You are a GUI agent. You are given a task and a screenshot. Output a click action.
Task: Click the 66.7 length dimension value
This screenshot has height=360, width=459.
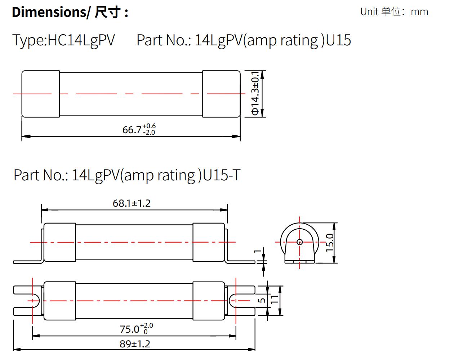[132, 129]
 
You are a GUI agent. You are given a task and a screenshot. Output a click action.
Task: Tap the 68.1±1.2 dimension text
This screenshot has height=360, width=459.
[132, 203]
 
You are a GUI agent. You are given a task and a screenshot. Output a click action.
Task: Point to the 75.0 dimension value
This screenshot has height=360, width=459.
[129, 329]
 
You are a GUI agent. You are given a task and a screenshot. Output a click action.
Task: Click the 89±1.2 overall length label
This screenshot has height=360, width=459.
[135, 344]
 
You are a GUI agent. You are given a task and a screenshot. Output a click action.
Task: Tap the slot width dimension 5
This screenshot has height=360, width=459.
[263, 300]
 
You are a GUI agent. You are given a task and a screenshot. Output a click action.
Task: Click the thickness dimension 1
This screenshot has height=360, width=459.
[257, 252]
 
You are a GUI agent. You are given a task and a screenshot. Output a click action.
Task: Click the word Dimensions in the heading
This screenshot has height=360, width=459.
[49, 12]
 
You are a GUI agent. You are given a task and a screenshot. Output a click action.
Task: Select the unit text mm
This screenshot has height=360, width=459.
[419, 12]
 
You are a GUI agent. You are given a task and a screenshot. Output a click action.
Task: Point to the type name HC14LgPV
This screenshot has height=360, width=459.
[81, 40]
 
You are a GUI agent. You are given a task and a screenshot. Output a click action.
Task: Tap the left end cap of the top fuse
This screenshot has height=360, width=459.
[41, 94]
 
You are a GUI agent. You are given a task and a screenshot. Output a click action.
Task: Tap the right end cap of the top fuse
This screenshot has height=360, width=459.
[221, 94]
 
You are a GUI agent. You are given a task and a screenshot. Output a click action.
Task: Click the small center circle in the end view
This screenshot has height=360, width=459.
[300, 242]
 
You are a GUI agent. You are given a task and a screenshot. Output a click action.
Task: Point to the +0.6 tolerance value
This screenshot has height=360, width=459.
[149, 126]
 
